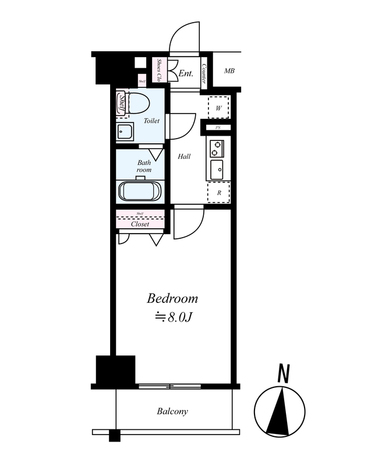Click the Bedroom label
click(x=172, y=298)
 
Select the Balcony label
click(x=172, y=412)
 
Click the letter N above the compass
click(x=284, y=373)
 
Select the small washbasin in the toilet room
click(x=125, y=131)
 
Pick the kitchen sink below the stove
click(x=217, y=170)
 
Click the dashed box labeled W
click(x=219, y=108)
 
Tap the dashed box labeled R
click(x=219, y=193)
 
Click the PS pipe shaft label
click(x=218, y=128)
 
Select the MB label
click(x=229, y=70)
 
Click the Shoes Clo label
click(x=159, y=70)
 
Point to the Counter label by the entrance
click(x=204, y=73)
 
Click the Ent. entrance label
click(x=186, y=73)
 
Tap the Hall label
click(x=184, y=156)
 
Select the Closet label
click(x=140, y=224)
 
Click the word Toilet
click(x=151, y=121)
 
